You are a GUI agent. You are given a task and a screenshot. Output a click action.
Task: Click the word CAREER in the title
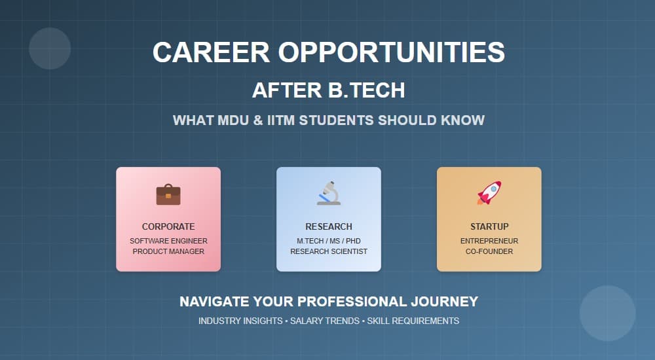point(211,52)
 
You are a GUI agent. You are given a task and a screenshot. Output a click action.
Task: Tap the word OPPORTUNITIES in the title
point(392,52)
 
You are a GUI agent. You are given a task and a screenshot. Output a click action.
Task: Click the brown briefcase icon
point(168,194)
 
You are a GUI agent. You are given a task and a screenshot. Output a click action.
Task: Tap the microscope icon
point(329,193)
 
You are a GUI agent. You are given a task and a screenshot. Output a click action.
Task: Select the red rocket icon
point(489,193)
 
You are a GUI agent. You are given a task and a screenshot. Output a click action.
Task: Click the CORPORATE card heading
point(168,226)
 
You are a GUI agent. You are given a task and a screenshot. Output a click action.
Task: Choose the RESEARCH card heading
point(329,226)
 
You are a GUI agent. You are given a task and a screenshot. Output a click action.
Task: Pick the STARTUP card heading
point(489,226)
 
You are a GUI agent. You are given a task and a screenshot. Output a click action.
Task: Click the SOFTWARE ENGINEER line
point(168,241)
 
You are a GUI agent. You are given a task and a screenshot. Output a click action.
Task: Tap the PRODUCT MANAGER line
point(168,251)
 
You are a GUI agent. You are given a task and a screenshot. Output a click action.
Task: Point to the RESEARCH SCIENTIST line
point(329,251)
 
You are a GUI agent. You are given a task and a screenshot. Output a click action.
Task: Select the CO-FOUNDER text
point(489,251)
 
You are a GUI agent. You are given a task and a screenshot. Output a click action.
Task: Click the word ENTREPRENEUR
point(489,241)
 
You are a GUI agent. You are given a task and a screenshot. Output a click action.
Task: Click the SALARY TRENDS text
point(325,321)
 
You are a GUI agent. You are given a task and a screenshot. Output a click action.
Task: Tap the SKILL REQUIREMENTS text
point(413,321)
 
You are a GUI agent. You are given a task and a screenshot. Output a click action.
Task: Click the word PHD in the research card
point(353,241)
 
